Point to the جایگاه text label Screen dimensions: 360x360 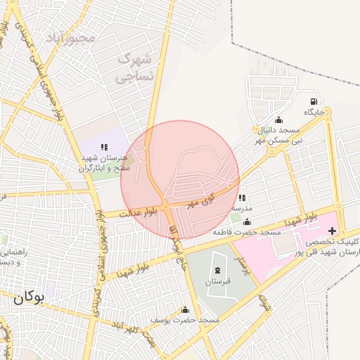tap(314, 112)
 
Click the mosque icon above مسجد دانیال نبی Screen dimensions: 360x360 tap(278, 120)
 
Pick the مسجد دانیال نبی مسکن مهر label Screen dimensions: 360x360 tap(278, 136)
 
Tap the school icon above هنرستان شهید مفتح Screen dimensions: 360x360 tap(104, 147)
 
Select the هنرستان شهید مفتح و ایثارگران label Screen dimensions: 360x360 tap(104, 164)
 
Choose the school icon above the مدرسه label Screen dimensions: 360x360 tap(242, 198)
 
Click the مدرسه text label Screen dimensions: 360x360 tap(242, 209)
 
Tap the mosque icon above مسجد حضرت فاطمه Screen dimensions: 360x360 tap(247, 221)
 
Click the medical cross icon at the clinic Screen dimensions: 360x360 tap(332, 231)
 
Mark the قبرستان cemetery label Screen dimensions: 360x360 tap(217, 281)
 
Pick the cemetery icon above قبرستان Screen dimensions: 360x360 tap(217, 271)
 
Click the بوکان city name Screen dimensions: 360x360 tap(29, 297)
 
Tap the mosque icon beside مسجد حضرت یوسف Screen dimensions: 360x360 tap(185, 309)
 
